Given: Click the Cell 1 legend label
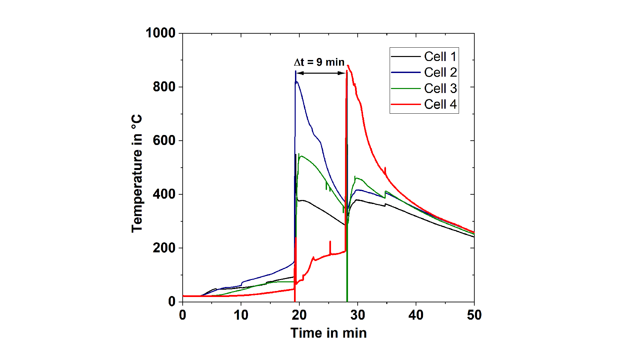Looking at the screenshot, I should [x=440, y=57].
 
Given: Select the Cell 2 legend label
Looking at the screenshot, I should [x=440, y=72].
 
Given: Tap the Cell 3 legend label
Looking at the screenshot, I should [x=440, y=88].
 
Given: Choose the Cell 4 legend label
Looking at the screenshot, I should [x=440, y=104].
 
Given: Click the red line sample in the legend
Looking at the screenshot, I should [x=406, y=104].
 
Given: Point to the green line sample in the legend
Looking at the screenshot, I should [x=406, y=88].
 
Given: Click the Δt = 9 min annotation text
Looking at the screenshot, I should [x=319, y=62].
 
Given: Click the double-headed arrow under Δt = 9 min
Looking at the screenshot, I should [x=321, y=73].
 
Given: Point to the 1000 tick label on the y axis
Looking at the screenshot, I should [x=160, y=33].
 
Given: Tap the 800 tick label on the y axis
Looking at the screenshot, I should [x=164, y=87].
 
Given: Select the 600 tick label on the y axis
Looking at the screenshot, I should [x=164, y=141].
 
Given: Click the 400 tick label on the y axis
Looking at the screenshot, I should [x=164, y=194].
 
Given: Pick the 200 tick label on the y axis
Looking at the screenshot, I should [x=164, y=248].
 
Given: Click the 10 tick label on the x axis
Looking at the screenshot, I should [x=241, y=315].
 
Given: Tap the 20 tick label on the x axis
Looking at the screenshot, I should [x=299, y=315].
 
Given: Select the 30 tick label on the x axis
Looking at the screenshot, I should [x=357, y=315].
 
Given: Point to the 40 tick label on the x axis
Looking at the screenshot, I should [x=416, y=315].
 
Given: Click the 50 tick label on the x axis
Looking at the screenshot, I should [x=474, y=315].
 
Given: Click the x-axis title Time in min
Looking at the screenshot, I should [x=328, y=333].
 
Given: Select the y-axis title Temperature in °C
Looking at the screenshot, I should [x=137, y=173].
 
